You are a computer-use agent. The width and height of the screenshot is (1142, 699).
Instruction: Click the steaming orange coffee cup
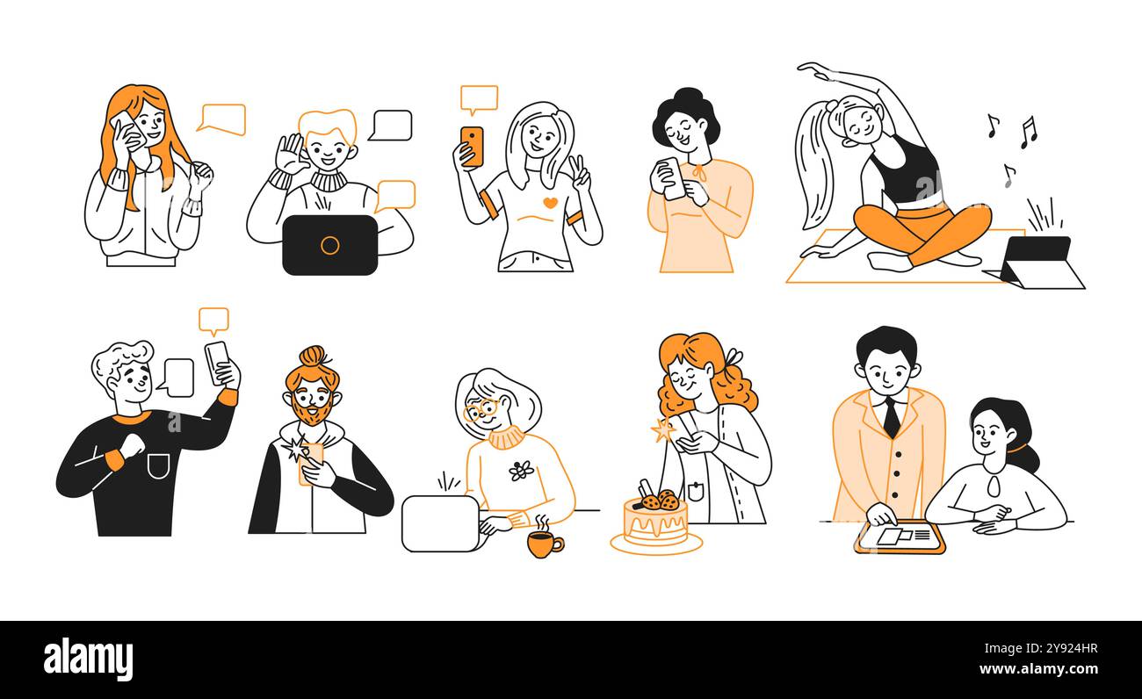click(x=544, y=544)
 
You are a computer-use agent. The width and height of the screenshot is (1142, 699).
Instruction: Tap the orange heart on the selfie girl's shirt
click(x=549, y=203)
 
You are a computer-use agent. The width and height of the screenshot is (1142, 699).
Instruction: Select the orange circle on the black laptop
click(x=329, y=245)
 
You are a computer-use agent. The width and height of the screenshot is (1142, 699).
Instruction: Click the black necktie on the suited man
click(x=891, y=416)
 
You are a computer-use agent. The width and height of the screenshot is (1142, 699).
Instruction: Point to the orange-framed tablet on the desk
click(x=900, y=537)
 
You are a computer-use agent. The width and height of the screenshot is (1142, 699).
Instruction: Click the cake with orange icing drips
click(x=655, y=524)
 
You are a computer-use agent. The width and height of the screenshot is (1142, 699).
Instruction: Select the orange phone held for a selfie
click(x=472, y=146)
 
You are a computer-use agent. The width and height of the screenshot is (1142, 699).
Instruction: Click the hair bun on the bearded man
click(x=313, y=357)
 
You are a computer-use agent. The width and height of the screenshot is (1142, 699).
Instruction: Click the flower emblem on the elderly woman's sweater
click(x=521, y=471)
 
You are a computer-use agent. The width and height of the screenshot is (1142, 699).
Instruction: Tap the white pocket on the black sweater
click(x=158, y=465)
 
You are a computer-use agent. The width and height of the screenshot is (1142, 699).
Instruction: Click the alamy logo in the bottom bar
click(x=88, y=659)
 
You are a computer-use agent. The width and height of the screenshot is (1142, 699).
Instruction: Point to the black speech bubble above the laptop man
click(x=390, y=125)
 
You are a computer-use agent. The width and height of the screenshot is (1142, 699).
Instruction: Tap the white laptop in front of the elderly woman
click(x=440, y=523)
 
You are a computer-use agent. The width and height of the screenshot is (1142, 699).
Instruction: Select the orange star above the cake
click(x=661, y=430)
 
